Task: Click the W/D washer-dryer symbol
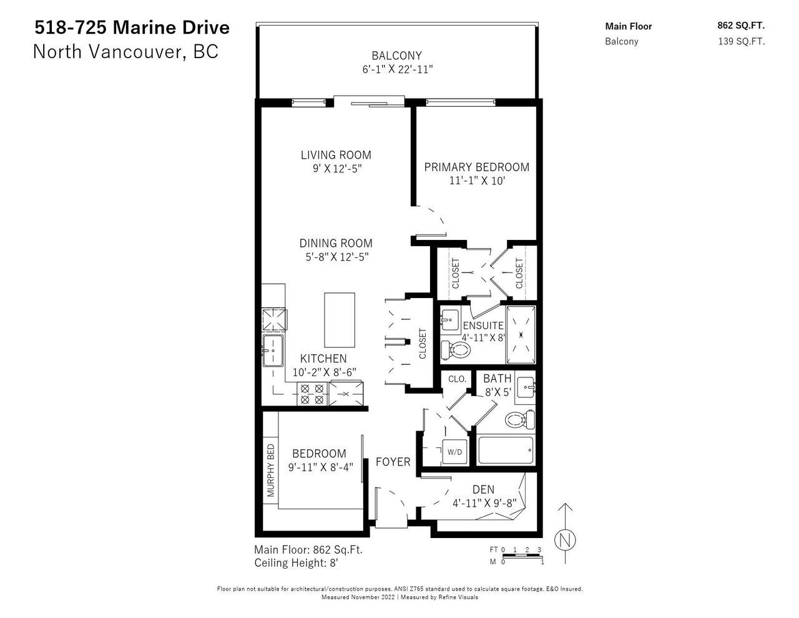coord(454,452)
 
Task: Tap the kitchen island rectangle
coord(340,320)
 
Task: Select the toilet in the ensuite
coord(456,350)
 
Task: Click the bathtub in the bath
coord(506,451)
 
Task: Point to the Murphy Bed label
coord(271,470)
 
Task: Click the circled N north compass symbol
coord(565,540)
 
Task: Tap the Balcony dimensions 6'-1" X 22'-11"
coord(398,69)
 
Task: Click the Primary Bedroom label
coord(476,167)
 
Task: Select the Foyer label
coord(393,462)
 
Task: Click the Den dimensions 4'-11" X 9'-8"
coord(484,503)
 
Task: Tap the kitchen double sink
coord(273,350)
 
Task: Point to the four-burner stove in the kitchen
coord(312,394)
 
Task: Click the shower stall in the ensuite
coord(521,334)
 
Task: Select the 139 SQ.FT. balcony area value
coord(742,41)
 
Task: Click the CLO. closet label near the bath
coord(457,379)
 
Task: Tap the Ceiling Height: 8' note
coord(296,563)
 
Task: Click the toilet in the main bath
coord(520,419)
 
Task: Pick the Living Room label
coord(336,155)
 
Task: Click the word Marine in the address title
coord(140,27)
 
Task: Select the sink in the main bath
coord(525,387)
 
